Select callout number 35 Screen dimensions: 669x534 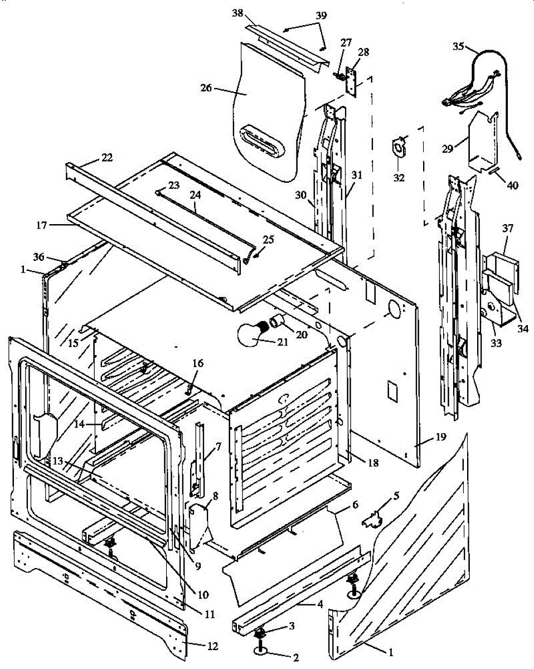pos(458,46)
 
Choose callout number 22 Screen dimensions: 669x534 pos(106,157)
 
